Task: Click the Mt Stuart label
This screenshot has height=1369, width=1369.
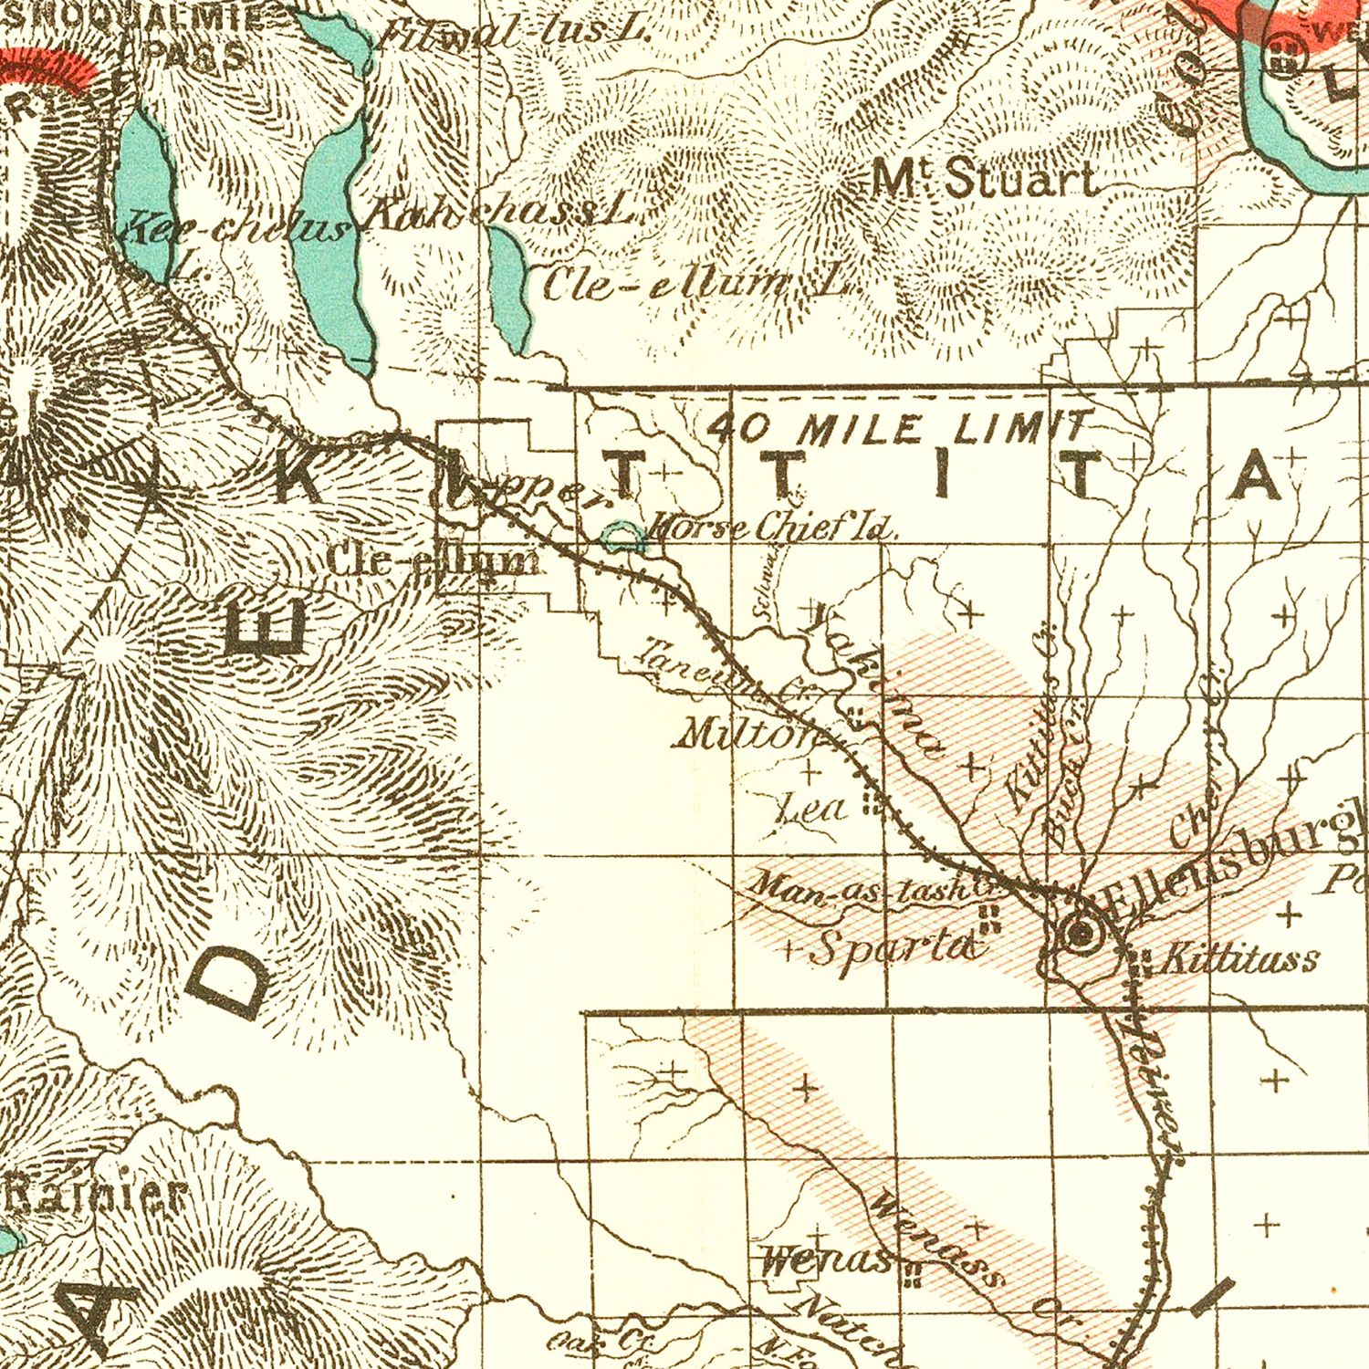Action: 984,179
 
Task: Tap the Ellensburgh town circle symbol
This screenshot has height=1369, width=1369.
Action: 1081,933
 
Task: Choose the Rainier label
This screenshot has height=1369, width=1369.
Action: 91,1195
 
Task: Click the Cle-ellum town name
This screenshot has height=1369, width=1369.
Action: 432,561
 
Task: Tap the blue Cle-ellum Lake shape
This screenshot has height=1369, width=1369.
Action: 508,287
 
